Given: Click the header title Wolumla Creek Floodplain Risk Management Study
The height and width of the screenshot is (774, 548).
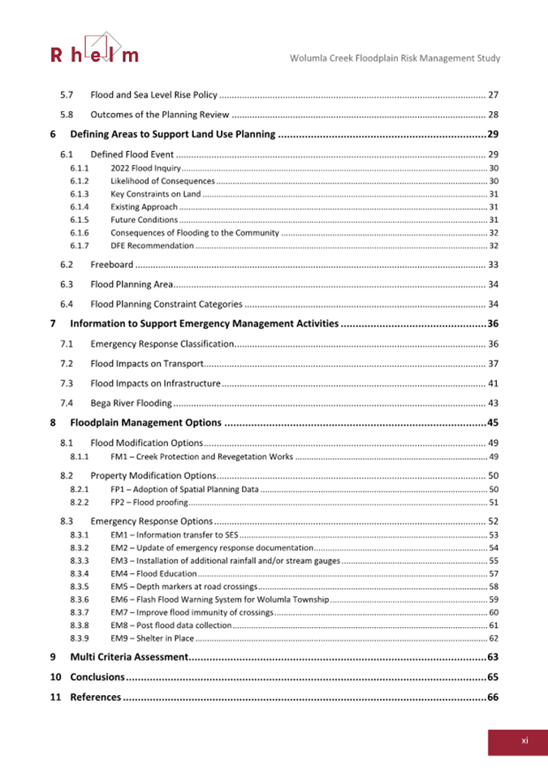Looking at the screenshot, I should point(395,58).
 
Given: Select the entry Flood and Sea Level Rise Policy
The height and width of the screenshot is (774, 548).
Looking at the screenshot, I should point(153,95).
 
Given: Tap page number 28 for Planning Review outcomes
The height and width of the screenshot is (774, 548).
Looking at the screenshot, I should point(492,115).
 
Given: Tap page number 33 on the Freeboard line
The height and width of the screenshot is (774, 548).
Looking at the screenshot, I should point(492,265).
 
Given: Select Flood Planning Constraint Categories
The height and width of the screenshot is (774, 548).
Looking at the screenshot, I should point(166,305).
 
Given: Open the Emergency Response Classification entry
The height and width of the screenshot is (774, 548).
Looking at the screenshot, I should point(162,344).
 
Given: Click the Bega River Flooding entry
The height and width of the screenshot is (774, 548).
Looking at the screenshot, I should point(131,403).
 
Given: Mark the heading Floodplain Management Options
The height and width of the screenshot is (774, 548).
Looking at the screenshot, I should point(145,422).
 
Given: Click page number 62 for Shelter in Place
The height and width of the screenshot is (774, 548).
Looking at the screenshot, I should point(493,638).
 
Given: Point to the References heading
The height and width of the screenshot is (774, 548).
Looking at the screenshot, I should point(95,697).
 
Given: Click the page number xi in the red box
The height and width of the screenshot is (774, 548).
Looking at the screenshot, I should point(524,740).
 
